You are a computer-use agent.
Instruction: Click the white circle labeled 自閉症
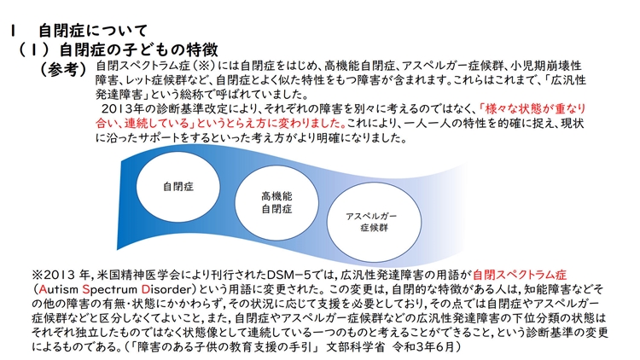(178, 187)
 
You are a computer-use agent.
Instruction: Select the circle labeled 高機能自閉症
(276, 203)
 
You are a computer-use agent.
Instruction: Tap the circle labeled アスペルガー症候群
(374, 222)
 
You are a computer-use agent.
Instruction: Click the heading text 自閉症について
(93, 31)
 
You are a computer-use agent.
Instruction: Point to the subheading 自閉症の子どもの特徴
(139, 49)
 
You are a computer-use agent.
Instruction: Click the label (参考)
(63, 69)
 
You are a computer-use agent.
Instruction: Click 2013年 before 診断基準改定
(123, 109)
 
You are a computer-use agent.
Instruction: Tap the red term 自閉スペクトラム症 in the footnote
(520, 275)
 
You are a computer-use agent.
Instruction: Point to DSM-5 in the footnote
(289, 275)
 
